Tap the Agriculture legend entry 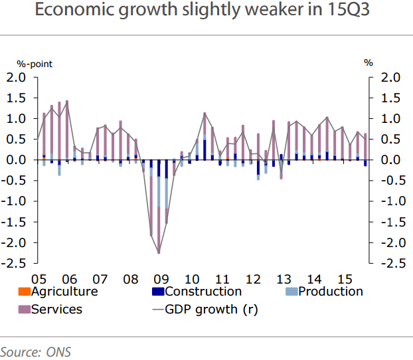64,291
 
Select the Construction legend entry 203,291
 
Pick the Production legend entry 331,291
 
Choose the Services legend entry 56,309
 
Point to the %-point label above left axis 35,64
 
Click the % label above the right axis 369,63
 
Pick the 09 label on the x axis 159,278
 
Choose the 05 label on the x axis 39,278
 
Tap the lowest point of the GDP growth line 159,253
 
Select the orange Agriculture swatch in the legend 23,292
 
